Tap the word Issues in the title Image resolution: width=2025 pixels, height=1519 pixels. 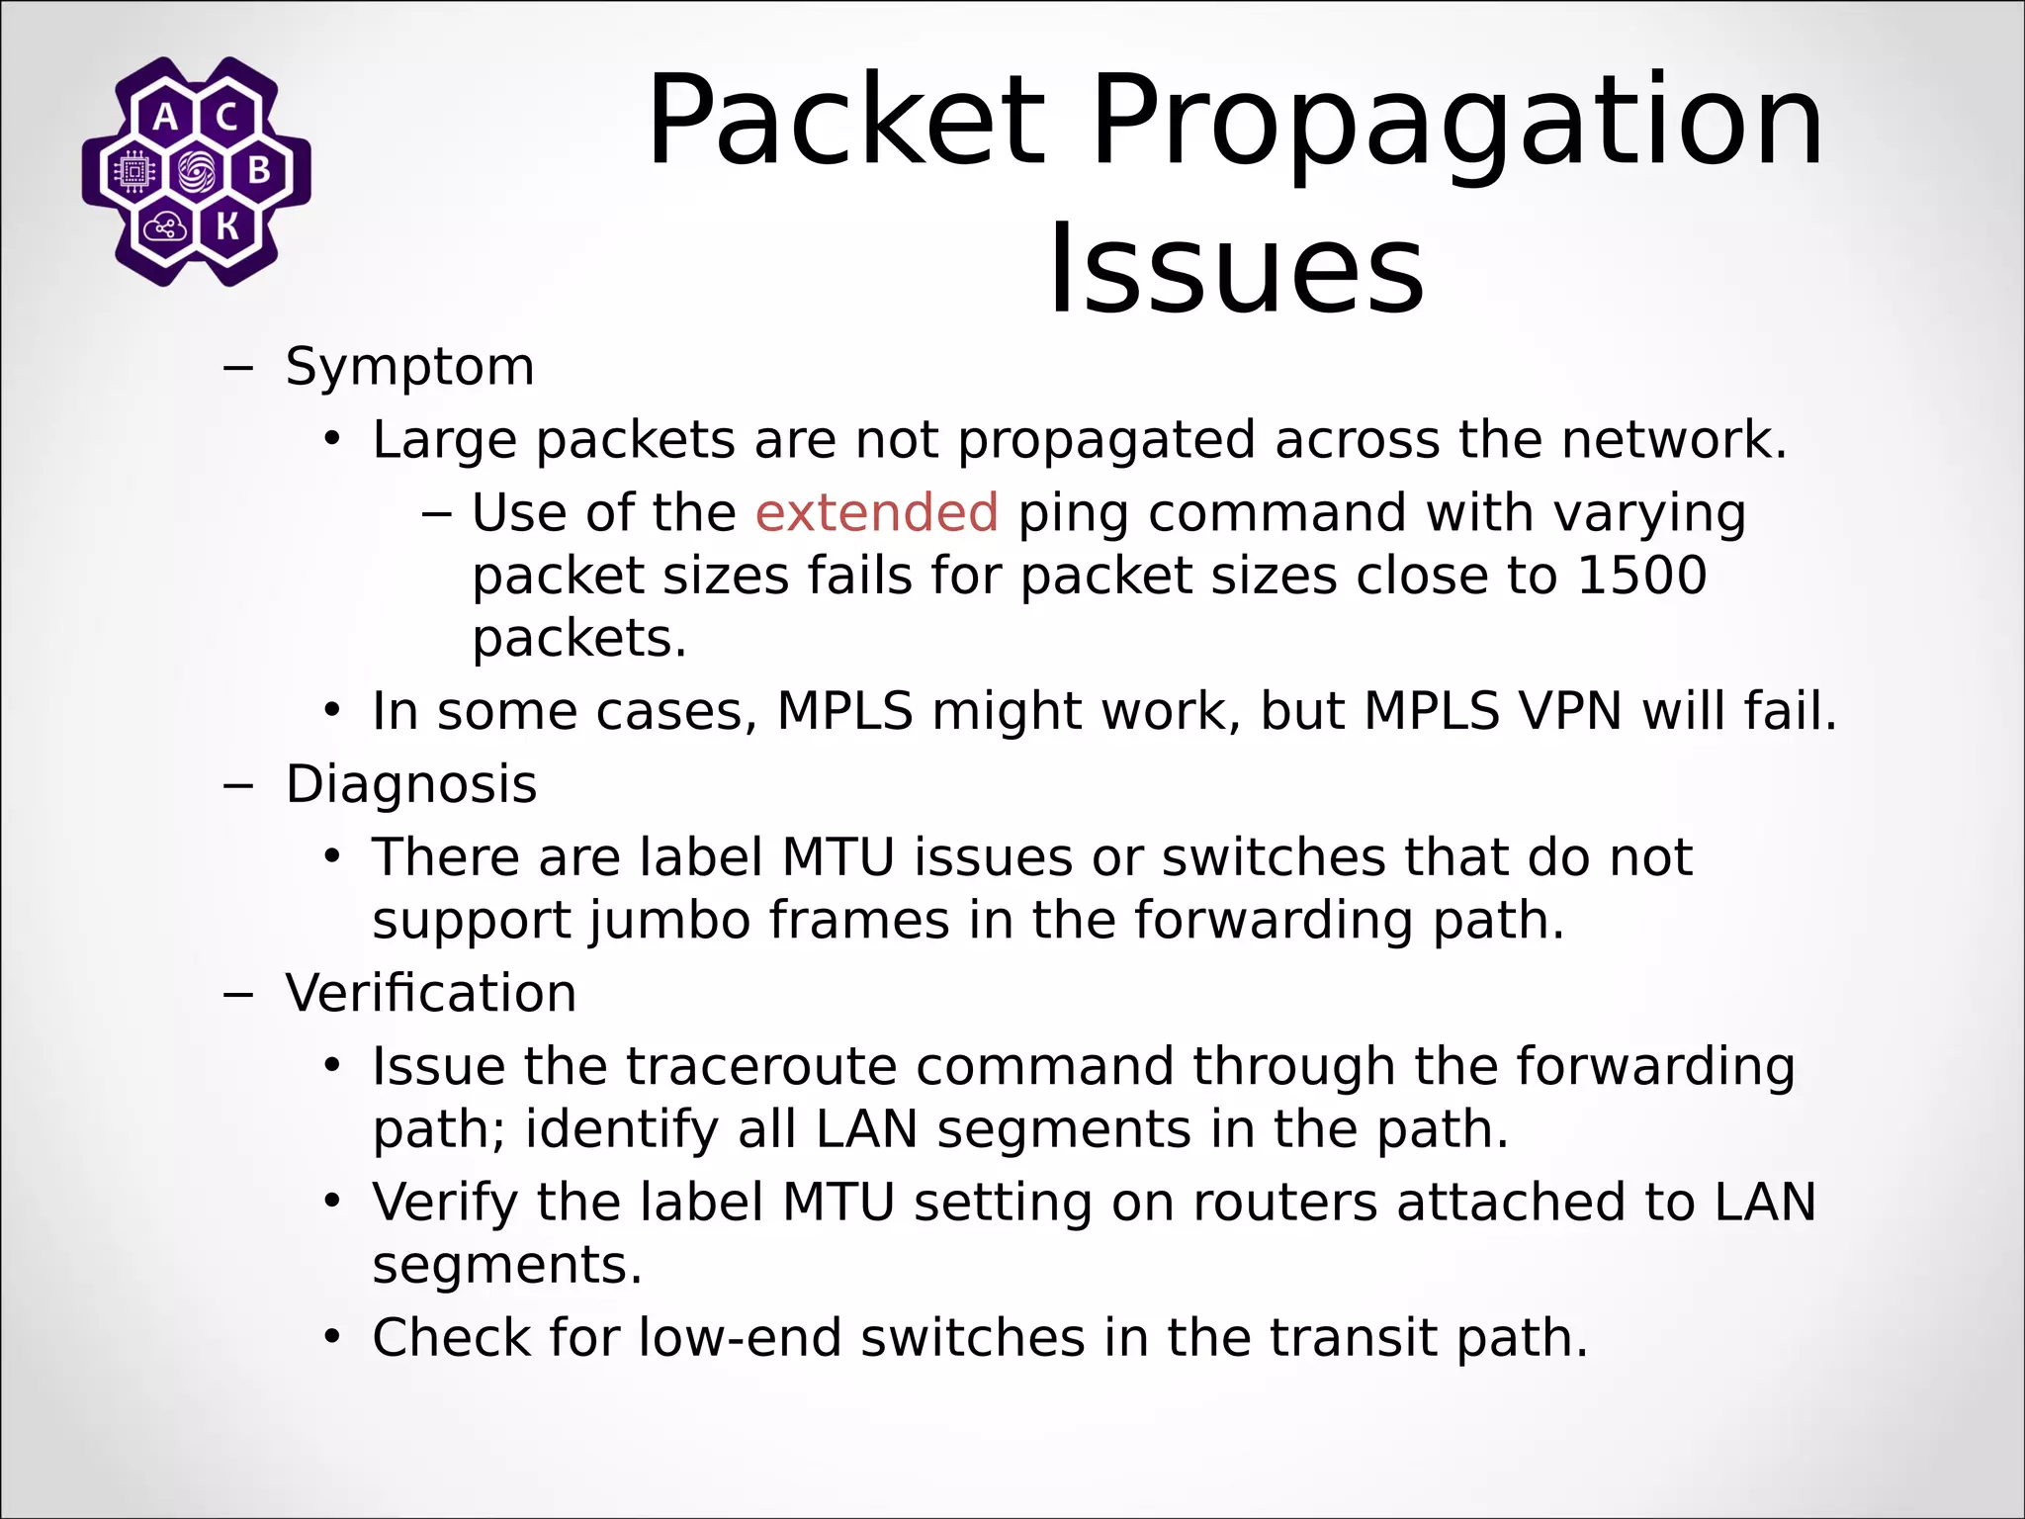point(1236,269)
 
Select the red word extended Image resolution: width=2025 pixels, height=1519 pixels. point(876,512)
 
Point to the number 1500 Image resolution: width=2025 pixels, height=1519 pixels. point(1641,576)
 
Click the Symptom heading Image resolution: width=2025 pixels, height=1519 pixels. point(409,367)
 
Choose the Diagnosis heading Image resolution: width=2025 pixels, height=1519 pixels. point(411,784)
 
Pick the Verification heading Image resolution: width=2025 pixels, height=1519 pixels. point(431,993)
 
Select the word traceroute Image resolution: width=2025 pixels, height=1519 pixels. point(758,1066)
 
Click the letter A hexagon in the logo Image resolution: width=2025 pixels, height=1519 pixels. point(166,118)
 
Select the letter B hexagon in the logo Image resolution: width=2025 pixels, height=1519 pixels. point(259,171)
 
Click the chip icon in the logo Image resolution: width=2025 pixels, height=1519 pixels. point(134,172)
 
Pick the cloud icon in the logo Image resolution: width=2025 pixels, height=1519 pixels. point(165,228)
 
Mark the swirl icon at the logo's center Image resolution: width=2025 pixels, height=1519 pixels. point(197,172)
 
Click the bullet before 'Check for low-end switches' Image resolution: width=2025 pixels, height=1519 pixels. point(332,1338)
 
